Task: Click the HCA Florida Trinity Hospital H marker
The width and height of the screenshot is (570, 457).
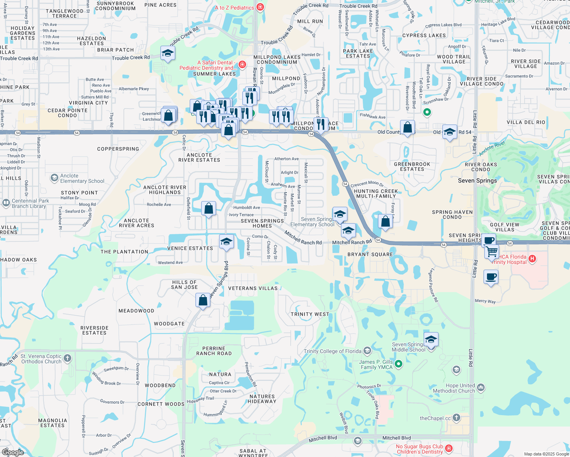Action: click(x=533, y=259)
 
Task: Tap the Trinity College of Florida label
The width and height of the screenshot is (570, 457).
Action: click(x=332, y=351)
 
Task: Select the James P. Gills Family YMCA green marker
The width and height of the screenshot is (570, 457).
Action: click(x=399, y=364)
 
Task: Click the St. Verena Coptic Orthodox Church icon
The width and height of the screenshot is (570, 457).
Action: click(x=67, y=358)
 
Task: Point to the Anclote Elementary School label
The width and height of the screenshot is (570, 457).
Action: click(x=82, y=178)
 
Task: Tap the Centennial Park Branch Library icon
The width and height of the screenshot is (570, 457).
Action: click(x=6, y=203)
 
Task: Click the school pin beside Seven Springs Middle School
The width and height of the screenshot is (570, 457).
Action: click(x=431, y=340)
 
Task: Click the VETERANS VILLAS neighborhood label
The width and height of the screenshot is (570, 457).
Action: click(x=253, y=288)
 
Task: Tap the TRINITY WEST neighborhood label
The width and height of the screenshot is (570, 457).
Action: click(x=310, y=314)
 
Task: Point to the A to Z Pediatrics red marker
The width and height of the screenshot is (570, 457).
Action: click(x=260, y=7)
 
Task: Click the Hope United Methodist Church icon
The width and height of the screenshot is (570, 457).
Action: click(x=481, y=388)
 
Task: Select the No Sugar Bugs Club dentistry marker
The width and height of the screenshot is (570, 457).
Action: click(x=449, y=449)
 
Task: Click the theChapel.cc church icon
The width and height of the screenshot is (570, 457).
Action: click(x=456, y=418)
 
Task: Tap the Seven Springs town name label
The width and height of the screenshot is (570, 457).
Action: click(x=477, y=181)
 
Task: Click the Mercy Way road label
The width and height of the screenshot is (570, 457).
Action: click(x=485, y=301)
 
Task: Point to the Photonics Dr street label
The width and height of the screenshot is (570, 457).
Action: click(x=369, y=387)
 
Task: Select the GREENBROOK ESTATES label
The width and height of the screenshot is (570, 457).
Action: click(x=412, y=166)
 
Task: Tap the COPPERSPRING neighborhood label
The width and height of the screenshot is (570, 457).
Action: click(x=118, y=149)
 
